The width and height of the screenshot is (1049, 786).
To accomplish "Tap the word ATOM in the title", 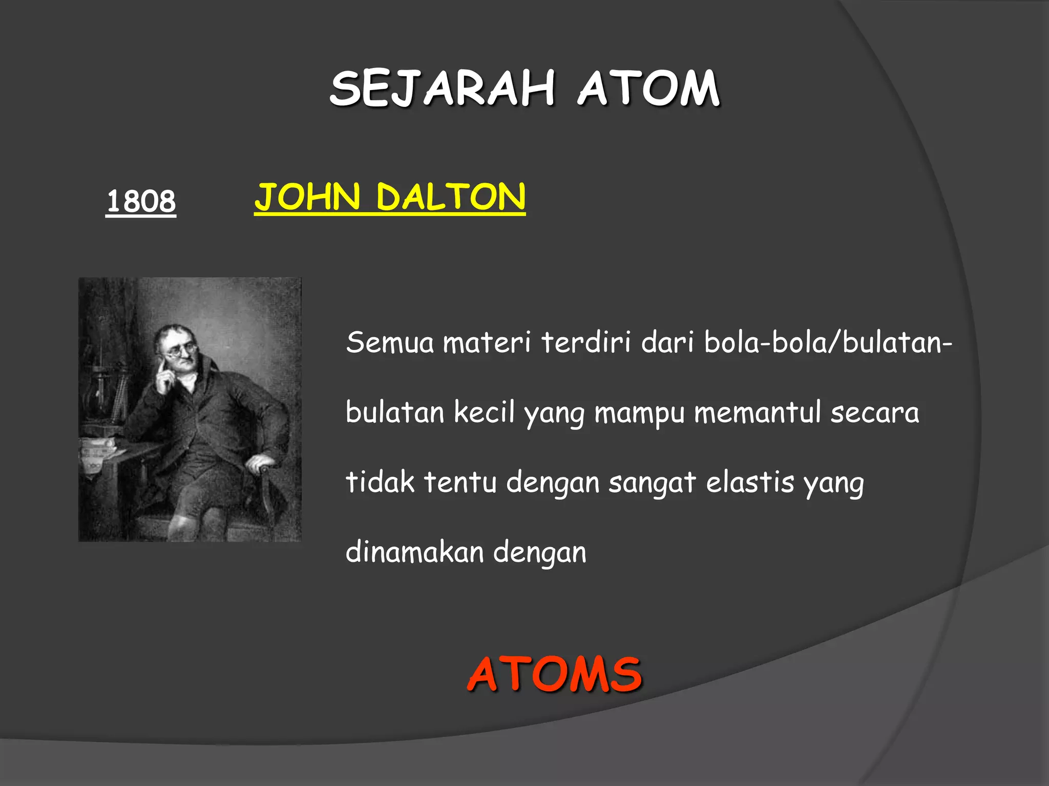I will tap(649, 89).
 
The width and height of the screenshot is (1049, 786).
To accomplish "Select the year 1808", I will tap(141, 201).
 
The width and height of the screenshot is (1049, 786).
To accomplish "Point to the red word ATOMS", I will tap(554, 674).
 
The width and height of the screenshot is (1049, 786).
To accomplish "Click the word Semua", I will tap(390, 342).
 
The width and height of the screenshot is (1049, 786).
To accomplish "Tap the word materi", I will tap(487, 342).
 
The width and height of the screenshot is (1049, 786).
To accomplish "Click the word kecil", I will tap(484, 412).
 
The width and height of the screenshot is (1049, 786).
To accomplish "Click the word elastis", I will tap(750, 482).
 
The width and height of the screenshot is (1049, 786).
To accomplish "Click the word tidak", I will tap(380, 482).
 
